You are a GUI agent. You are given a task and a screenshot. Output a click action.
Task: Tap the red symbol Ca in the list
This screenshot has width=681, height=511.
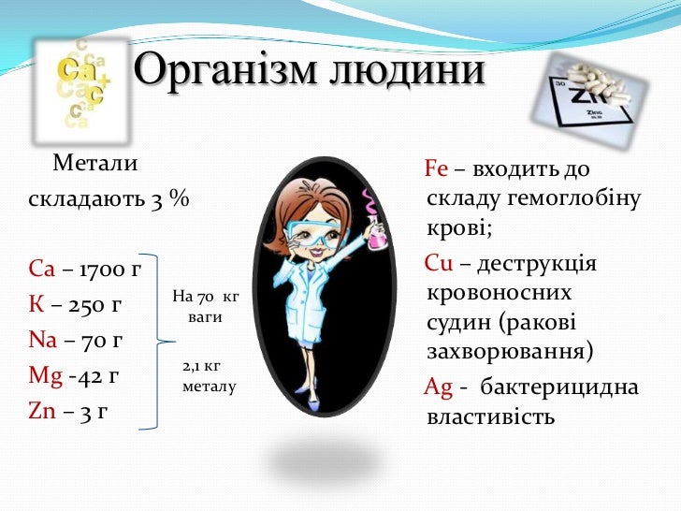[43, 271]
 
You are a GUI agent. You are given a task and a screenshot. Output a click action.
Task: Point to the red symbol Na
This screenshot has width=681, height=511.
[44, 340]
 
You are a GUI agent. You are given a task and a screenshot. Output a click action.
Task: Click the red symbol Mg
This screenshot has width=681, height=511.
[46, 376]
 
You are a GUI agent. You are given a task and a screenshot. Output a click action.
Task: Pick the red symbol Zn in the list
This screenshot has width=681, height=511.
[43, 410]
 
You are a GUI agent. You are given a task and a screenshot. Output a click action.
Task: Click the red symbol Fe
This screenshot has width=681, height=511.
[437, 169]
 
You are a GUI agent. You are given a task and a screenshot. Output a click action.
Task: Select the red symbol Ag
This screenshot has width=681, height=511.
[439, 387]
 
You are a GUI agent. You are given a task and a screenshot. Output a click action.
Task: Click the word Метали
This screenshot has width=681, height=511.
[95, 166]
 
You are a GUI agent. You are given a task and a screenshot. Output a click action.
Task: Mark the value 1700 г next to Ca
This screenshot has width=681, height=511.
[110, 271]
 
